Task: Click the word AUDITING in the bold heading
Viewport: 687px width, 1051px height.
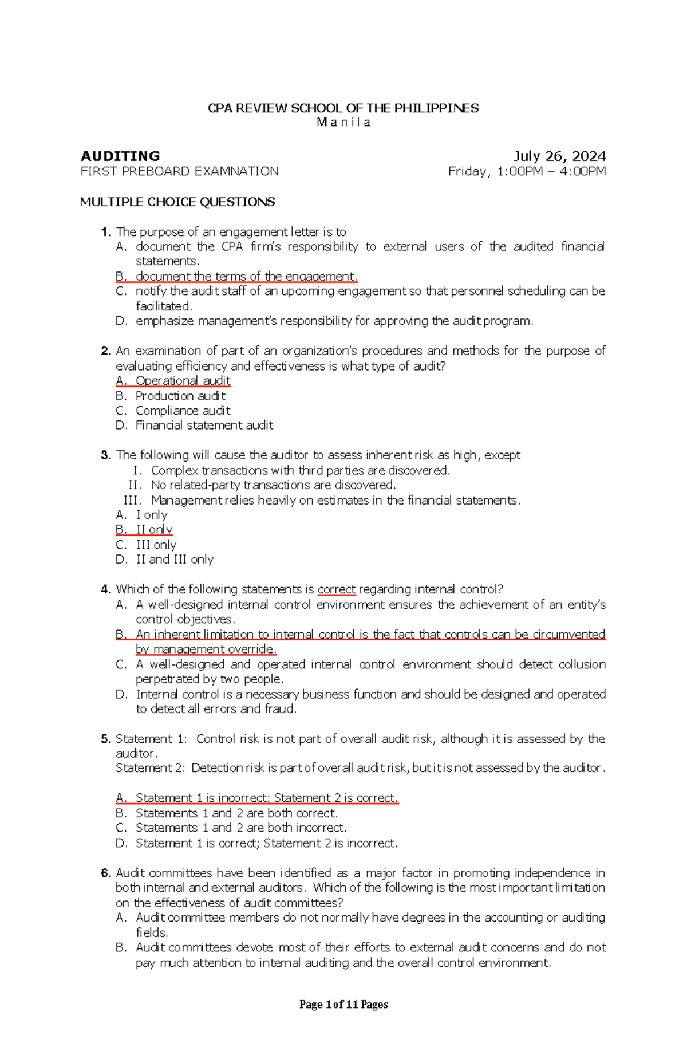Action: click(120, 156)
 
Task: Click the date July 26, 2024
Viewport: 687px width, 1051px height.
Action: click(559, 156)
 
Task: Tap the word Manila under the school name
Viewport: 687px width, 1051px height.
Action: click(343, 122)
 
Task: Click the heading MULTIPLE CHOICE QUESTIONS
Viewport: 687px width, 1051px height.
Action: click(177, 202)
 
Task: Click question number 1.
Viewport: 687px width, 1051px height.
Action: click(105, 232)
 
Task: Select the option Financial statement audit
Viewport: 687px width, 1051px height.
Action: click(204, 425)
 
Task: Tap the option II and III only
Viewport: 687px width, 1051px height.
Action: click(174, 560)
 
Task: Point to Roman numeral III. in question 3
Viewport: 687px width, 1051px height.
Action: click(133, 500)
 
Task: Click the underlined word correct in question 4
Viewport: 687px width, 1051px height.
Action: click(337, 589)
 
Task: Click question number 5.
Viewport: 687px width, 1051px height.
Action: click(105, 739)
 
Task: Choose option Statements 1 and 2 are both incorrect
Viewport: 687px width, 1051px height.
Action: click(240, 828)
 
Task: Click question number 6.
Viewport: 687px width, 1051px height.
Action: click(105, 873)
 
